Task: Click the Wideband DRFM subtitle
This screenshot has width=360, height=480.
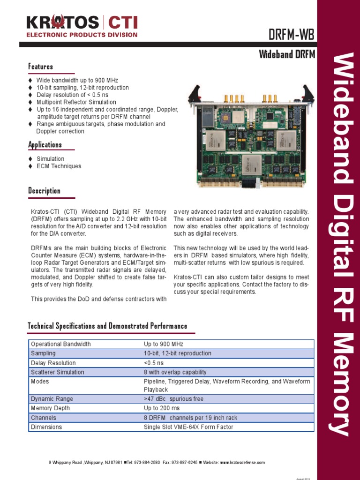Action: [287, 54]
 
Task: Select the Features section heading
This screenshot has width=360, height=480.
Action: [41, 67]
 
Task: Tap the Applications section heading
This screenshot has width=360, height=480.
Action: [45, 144]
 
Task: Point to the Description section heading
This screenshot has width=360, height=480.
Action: [45, 191]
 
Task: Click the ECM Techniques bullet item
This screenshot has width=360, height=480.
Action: [59, 166]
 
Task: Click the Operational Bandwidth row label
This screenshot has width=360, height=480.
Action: [61, 344]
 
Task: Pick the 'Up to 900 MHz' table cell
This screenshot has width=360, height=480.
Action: [164, 344]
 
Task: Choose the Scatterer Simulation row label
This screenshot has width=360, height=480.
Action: [58, 372]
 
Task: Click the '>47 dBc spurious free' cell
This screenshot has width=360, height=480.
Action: [173, 399]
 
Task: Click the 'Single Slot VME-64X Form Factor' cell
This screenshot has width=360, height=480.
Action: [188, 427]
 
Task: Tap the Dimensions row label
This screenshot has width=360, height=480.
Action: [46, 427]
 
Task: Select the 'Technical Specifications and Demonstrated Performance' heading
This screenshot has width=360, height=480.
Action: [107, 326]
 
